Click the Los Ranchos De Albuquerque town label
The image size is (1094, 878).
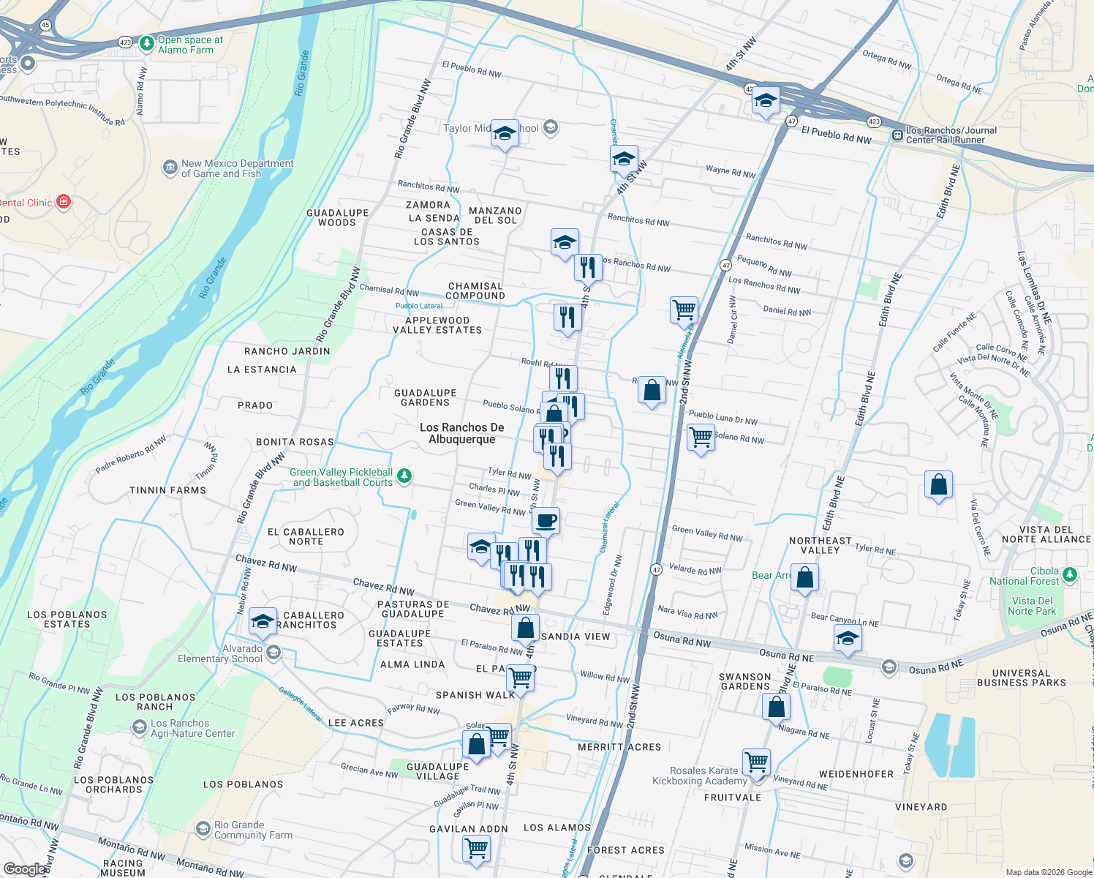[x=461, y=433]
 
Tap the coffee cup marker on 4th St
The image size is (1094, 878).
[x=546, y=521]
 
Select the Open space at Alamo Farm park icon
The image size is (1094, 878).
[x=147, y=45]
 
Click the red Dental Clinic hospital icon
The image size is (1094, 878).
[x=64, y=202]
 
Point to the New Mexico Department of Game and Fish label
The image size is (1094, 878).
[x=237, y=168]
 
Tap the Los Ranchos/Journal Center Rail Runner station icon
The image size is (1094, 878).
[x=897, y=135]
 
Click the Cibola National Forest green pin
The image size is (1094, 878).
[x=1071, y=575]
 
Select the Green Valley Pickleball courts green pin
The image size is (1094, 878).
[x=404, y=477]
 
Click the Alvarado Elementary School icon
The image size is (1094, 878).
[x=273, y=653]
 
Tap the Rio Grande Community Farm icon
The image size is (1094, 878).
[x=203, y=829]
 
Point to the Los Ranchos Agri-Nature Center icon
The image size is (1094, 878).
[x=139, y=728]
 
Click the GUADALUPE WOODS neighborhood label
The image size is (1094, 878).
[x=337, y=217]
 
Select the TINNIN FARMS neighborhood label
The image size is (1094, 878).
[x=167, y=490]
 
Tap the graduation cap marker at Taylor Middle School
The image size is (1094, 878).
[x=505, y=133]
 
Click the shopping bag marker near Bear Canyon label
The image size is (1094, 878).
[x=804, y=577]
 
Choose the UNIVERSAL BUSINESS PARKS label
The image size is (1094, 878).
[x=1021, y=678]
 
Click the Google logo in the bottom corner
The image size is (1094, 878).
[x=24, y=868]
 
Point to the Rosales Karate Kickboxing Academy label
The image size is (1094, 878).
[x=699, y=776]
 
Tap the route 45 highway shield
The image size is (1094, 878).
[x=45, y=25]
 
